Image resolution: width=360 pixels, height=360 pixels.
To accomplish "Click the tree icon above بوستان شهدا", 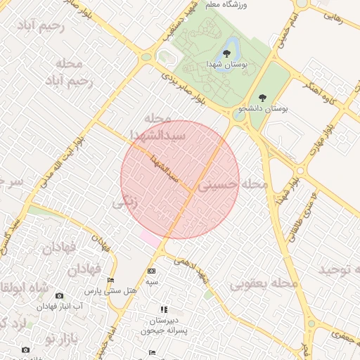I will (x=226, y=53).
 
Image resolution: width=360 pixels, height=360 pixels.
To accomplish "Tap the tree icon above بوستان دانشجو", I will (x=263, y=98).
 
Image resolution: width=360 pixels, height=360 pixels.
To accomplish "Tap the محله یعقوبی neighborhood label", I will (x=264, y=282).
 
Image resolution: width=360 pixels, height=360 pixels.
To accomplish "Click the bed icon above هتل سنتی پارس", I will (x=110, y=281).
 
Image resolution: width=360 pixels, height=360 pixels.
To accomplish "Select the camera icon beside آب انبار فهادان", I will (x=59, y=295).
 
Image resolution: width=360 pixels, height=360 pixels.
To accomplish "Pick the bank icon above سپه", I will (x=151, y=271).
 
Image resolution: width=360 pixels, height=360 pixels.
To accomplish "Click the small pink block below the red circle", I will (x=150, y=238).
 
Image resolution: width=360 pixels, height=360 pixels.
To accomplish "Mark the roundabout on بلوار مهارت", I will (x=300, y=170).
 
